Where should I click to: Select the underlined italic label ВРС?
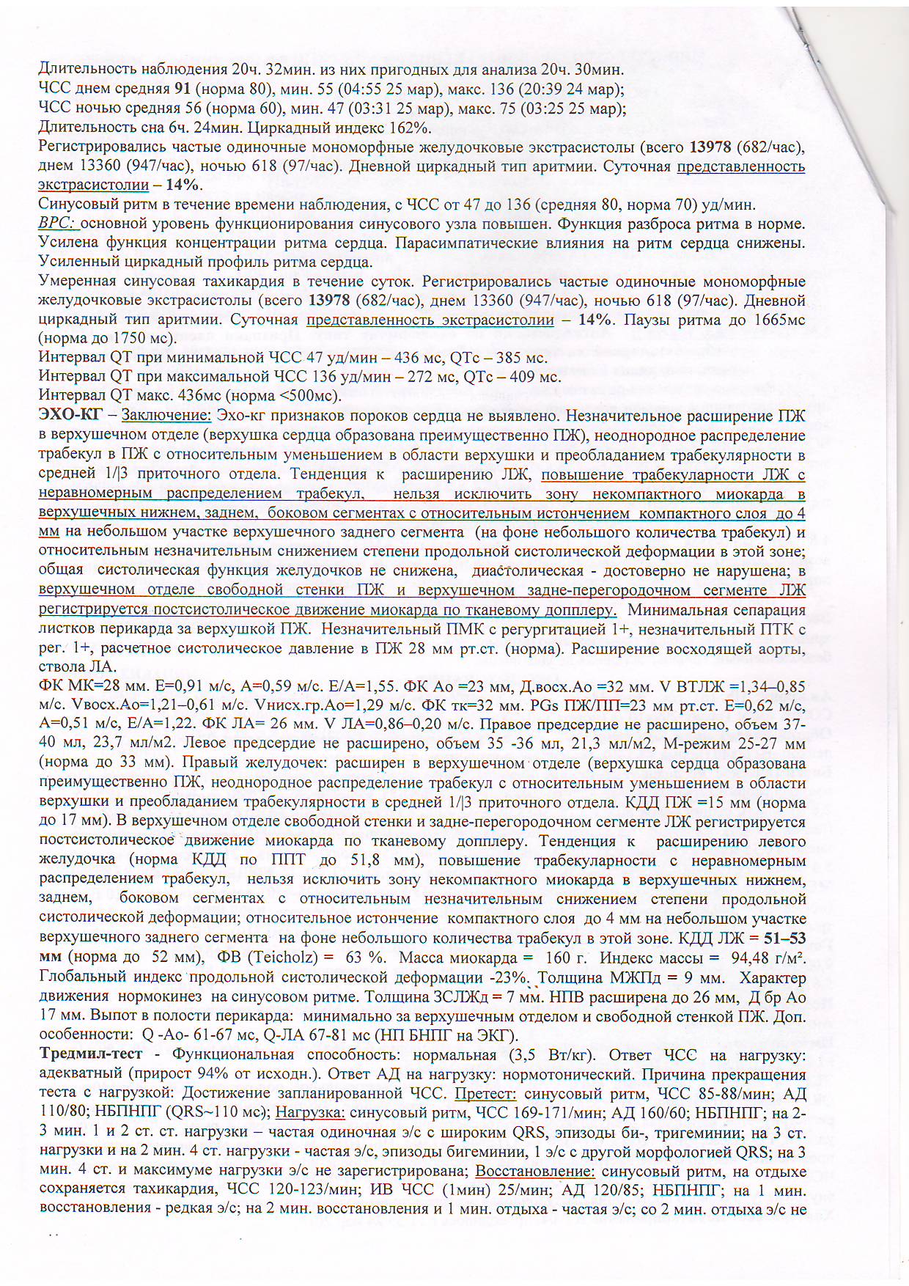click(x=58, y=224)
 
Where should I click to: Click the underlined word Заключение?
click(x=166, y=416)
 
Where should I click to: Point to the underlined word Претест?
click(x=485, y=1094)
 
